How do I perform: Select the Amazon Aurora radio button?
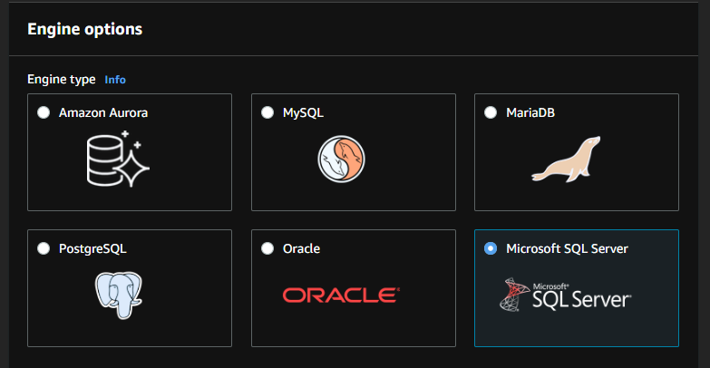44,113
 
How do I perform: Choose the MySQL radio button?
267,113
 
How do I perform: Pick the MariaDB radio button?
491,113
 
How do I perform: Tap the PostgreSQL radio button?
44,248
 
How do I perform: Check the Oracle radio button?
267,248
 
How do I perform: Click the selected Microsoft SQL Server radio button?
491,248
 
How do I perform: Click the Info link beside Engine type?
115,80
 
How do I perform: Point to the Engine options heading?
84,29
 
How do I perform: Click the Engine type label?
61,80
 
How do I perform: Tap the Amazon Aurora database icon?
115,160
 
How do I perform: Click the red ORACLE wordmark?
340,295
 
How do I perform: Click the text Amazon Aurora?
103,113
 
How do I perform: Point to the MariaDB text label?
531,113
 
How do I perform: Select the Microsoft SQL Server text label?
567,248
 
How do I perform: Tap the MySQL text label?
303,113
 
